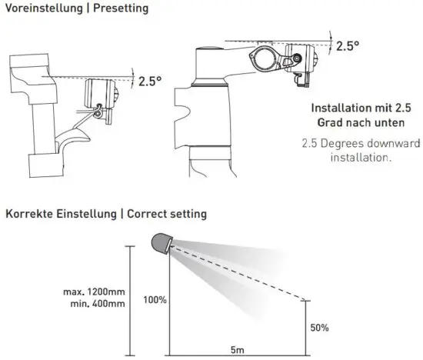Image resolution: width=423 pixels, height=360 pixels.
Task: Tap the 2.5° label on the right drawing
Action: coord(348,45)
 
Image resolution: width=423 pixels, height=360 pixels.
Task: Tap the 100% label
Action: coord(155,299)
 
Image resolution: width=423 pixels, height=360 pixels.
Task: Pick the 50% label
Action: coord(319,328)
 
